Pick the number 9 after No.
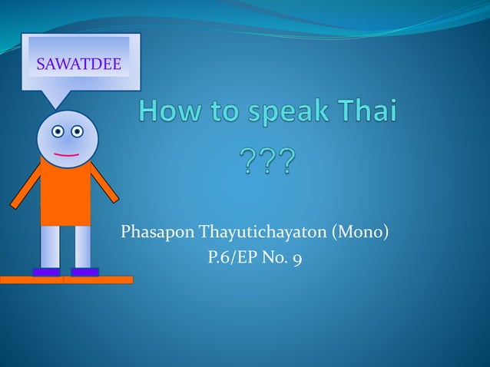(x=296, y=259)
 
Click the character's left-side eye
(x=58, y=131)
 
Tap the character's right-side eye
(x=78, y=131)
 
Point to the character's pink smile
(x=67, y=155)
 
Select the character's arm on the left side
(x=25, y=186)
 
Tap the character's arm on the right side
(x=104, y=182)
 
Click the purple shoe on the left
(x=47, y=272)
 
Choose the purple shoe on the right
(x=84, y=272)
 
